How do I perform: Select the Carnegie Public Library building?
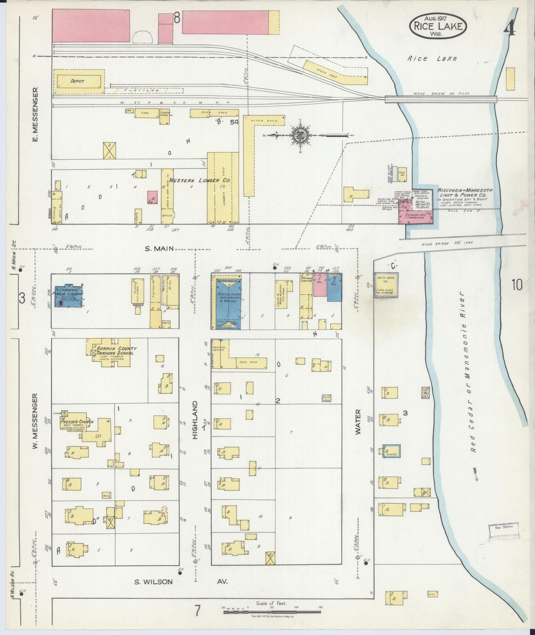tap(69, 296)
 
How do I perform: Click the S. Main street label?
tap(159, 249)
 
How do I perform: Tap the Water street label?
tap(358, 422)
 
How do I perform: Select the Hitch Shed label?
tap(259, 120)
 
